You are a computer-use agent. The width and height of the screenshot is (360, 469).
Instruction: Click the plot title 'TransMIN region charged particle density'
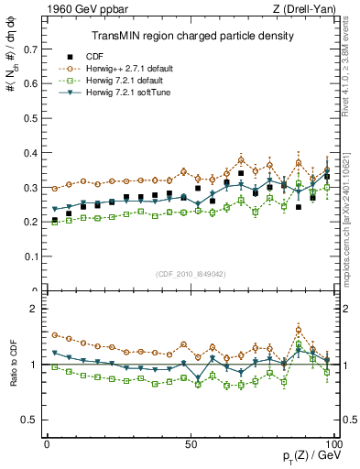click(x=191, y=36)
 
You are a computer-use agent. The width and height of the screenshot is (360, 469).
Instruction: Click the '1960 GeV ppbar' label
click(x=80, y=9)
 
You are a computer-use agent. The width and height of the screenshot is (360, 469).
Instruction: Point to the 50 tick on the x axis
click(x=191, y=444)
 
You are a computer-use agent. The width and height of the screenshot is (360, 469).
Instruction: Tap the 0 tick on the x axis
click(x=47, y=444)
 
